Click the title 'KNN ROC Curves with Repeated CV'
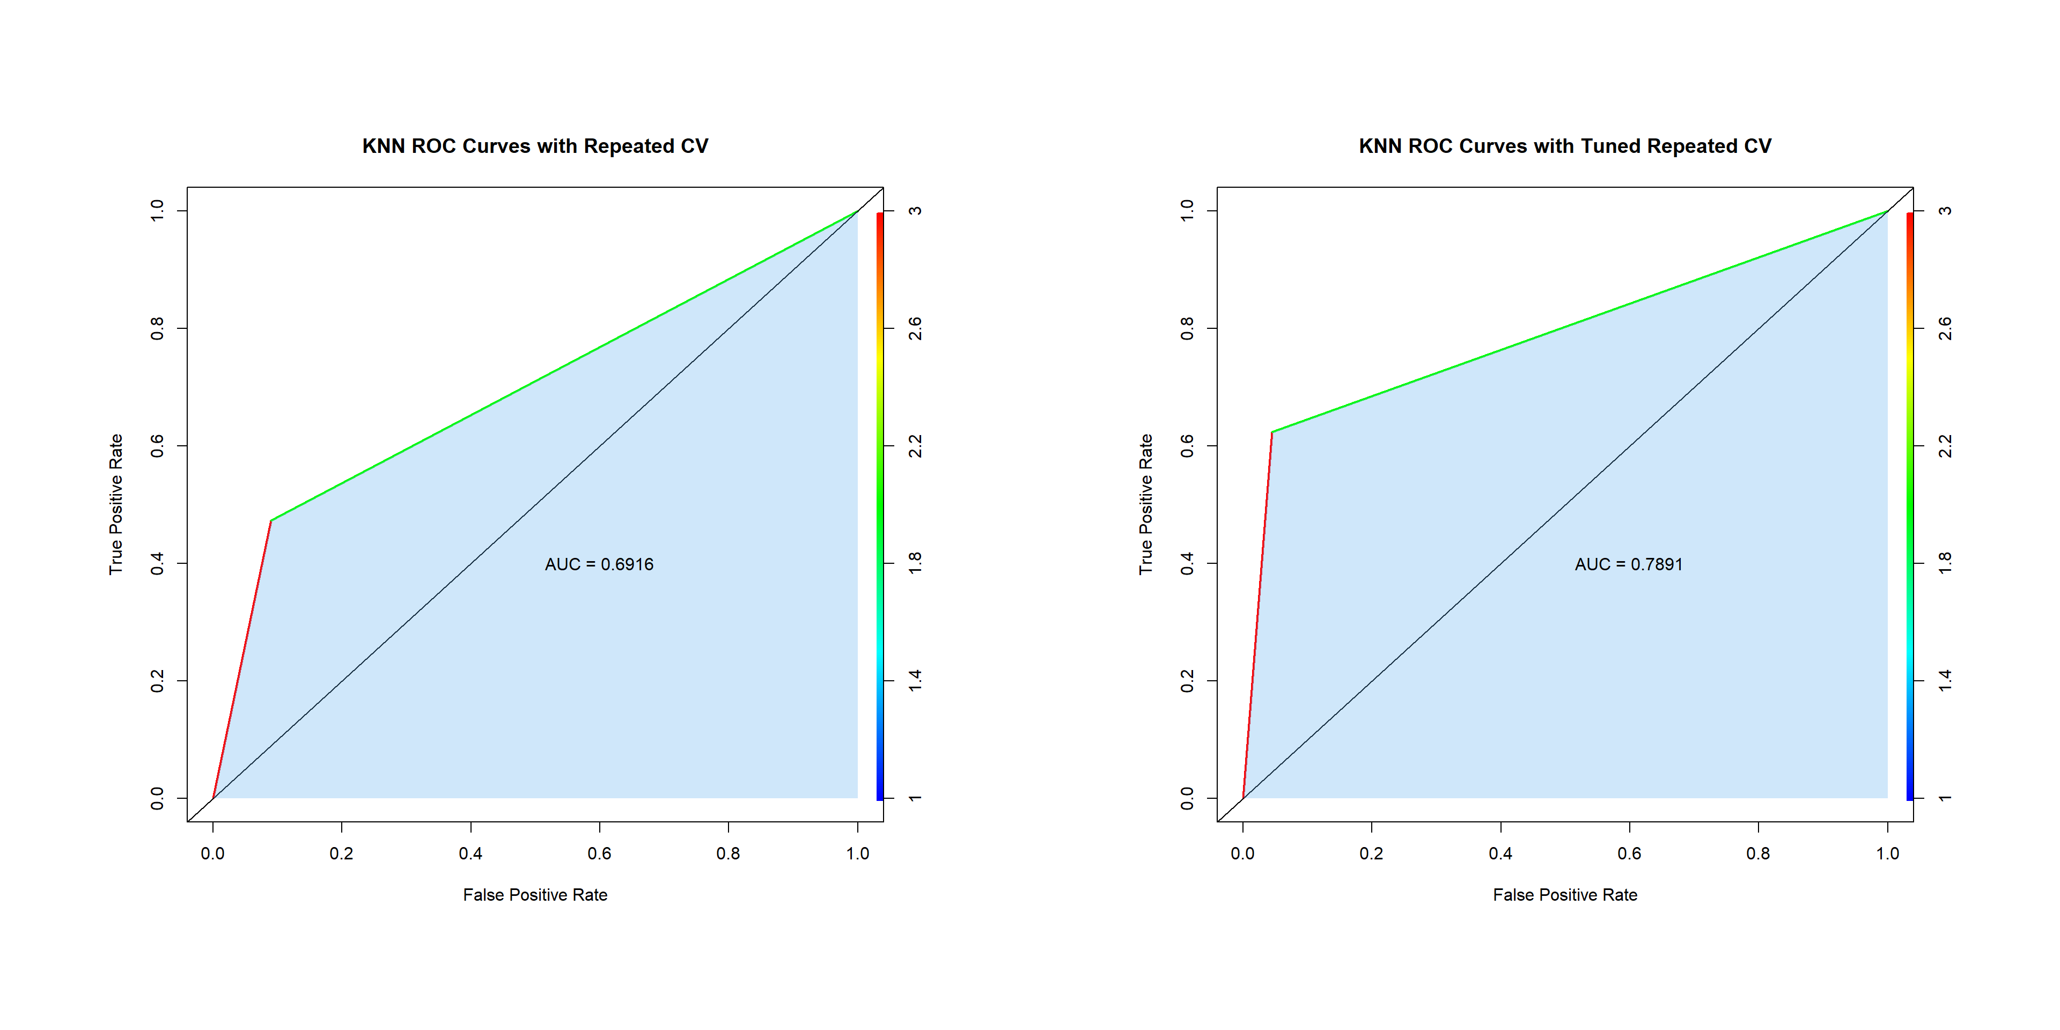click(535, 146)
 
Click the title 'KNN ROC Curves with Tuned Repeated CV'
click(1564, 146)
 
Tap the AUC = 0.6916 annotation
click(599, 564)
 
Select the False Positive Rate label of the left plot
click(535, 895)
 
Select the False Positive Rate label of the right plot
click(1564, 895)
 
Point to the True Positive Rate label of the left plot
click(116, 504)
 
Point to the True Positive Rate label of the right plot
click(1146, 504)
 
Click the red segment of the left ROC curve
click(241, 660)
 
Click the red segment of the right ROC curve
click(1257, 616)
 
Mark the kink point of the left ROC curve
click(271, 520)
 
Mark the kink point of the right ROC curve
click(1271, 432)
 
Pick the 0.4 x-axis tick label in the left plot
click(470, 854)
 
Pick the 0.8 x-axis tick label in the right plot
click(1758, 854)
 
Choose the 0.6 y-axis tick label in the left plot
click(157, 445)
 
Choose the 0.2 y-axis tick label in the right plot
click(1187, 681)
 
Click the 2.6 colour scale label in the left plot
click(915, 328)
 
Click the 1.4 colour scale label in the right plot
click(1945, 681)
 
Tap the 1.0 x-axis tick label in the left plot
click(857, 854)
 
